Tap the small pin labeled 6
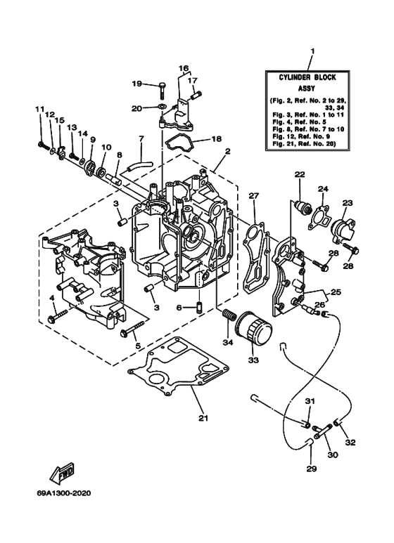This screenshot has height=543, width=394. coord(199,307)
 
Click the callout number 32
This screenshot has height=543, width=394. coord(351,443)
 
